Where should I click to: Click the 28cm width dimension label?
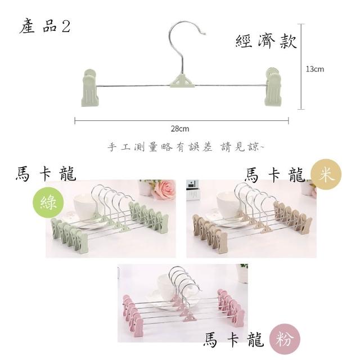pos(180,129)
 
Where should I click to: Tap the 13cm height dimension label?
pos(315,69)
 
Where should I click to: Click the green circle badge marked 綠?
pos(48,202)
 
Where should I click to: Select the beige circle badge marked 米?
pos(326,174)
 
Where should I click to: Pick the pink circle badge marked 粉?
pos(285,339)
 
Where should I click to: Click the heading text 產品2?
pos(45,27)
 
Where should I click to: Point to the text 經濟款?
pos(266,42)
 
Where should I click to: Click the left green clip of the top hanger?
pos(90,88)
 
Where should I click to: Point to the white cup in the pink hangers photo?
pos(167,285)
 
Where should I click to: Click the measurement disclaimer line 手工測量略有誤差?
pos(160,146)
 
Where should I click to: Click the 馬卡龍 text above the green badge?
pos(46,174)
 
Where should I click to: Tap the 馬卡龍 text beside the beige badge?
pos(274,175)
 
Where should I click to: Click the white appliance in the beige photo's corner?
pos(192,190)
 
